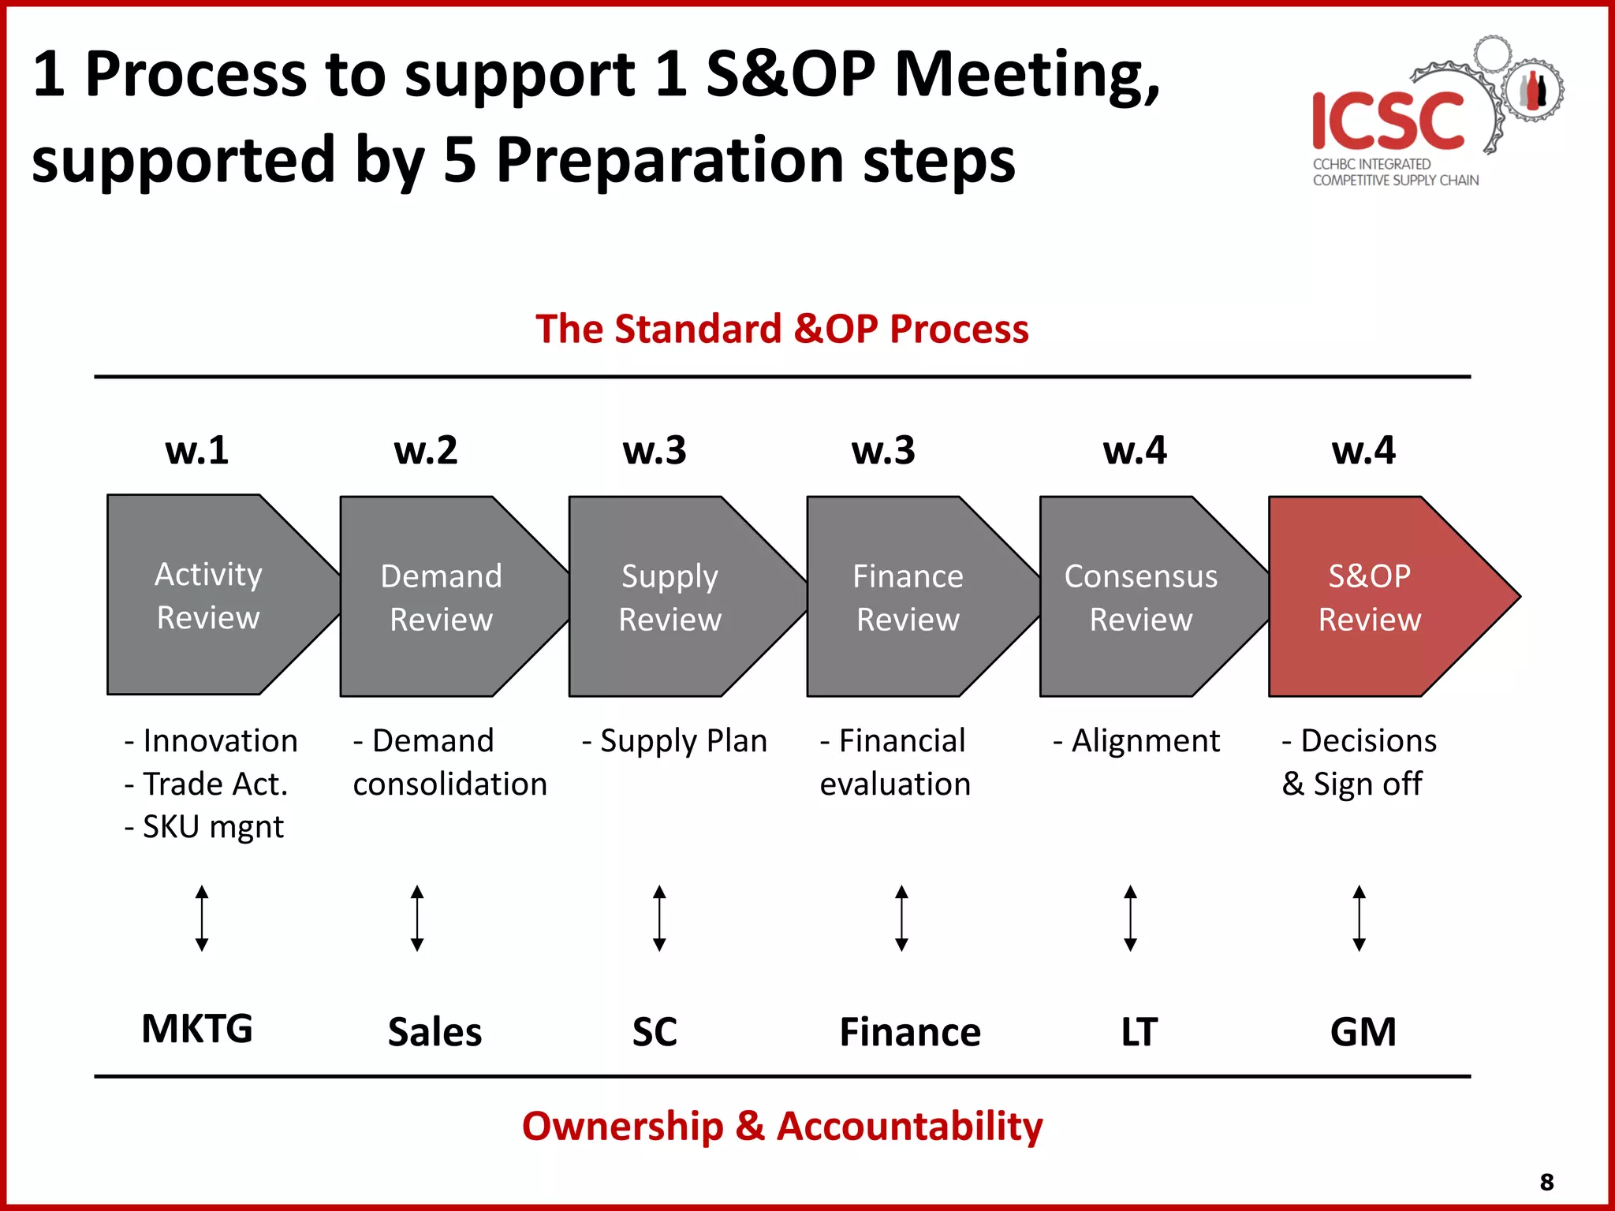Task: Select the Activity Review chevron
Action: pos(209,595)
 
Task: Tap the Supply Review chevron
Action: pos(670,597)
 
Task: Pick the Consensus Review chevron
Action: pos(1140,597)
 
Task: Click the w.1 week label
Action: pos(197,450)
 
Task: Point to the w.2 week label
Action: pos(426,450)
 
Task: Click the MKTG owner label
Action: pos(197,1028)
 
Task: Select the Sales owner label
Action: pos(435,1031)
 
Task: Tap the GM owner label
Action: pos(1363,1031)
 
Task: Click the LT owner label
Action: pos(1139,1031)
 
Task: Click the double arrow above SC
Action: pos(659,918)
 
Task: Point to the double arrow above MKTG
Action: pos(202,918)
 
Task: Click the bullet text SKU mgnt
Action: pos(206,827)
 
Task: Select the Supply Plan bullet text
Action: pos(675,741)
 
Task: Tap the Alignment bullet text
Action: pos(1137,741)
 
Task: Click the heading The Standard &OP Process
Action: pos(781,329)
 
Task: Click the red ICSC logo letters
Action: pos(1388,120)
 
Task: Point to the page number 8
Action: pos(1546,1182)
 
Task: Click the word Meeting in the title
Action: pos(1025,75)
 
